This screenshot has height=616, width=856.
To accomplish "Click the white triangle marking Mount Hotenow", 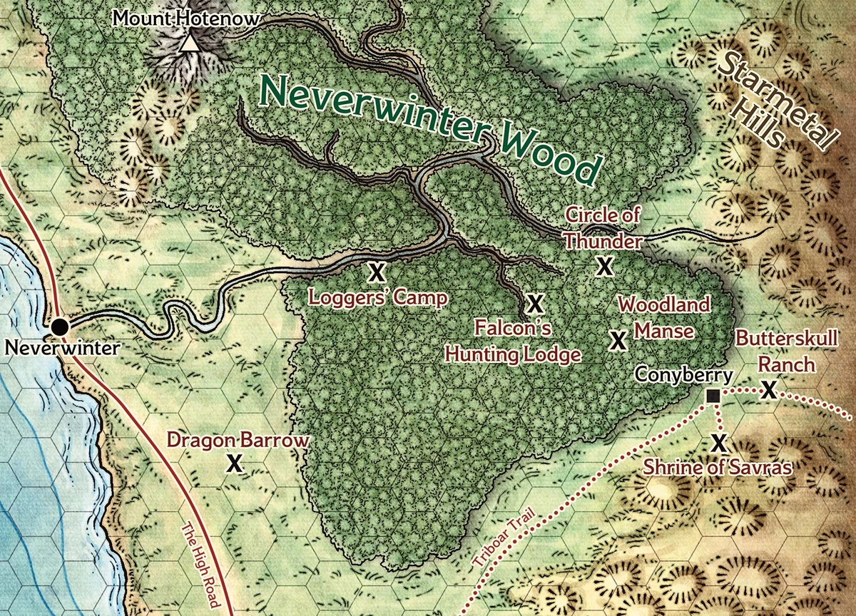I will click(188, 44).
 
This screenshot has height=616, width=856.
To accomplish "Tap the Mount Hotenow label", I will click(185, 18).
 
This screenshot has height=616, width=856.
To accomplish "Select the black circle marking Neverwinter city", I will click(61, 327).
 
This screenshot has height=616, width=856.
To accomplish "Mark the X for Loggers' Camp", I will click(376, 271).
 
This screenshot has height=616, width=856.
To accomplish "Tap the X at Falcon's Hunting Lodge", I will click(535, 304).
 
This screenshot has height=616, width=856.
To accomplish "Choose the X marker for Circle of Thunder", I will click(605, 266).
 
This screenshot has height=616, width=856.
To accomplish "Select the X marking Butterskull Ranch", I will click(768, 390).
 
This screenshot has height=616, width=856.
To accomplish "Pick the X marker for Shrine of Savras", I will click(719, 443).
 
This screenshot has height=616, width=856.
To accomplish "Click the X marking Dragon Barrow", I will click(233, 464).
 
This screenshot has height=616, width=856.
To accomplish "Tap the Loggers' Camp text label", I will click(377, 297).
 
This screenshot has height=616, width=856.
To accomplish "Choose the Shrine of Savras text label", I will click(718, 468).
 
